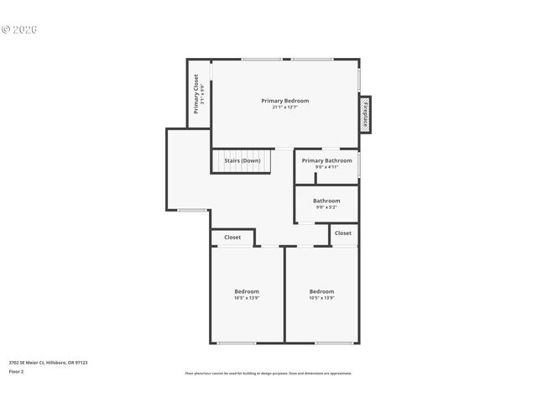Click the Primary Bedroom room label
(x=284, y=101)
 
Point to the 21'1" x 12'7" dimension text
(x=284, y=107)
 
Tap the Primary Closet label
(x=196, y=92)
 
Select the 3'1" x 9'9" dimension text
(x=203, y=92)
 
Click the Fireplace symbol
(x=365, y=113)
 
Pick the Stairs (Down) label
(x=242, y=160)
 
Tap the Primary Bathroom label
(x=326, y=160)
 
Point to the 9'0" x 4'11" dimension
(x=326, y=167)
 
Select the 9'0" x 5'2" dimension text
(x=326, y=207)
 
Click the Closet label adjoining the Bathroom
(x=343, y=233)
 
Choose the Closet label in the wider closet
(x=232, y=238)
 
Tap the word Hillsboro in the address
(x=58, y=363)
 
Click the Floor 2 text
(x=16, y=371)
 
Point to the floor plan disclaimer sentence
(x=268, y=374)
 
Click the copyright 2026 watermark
(x=19, y=29)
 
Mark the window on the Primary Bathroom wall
(x=359, y=164)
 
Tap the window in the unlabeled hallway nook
(x=193, y=210)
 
